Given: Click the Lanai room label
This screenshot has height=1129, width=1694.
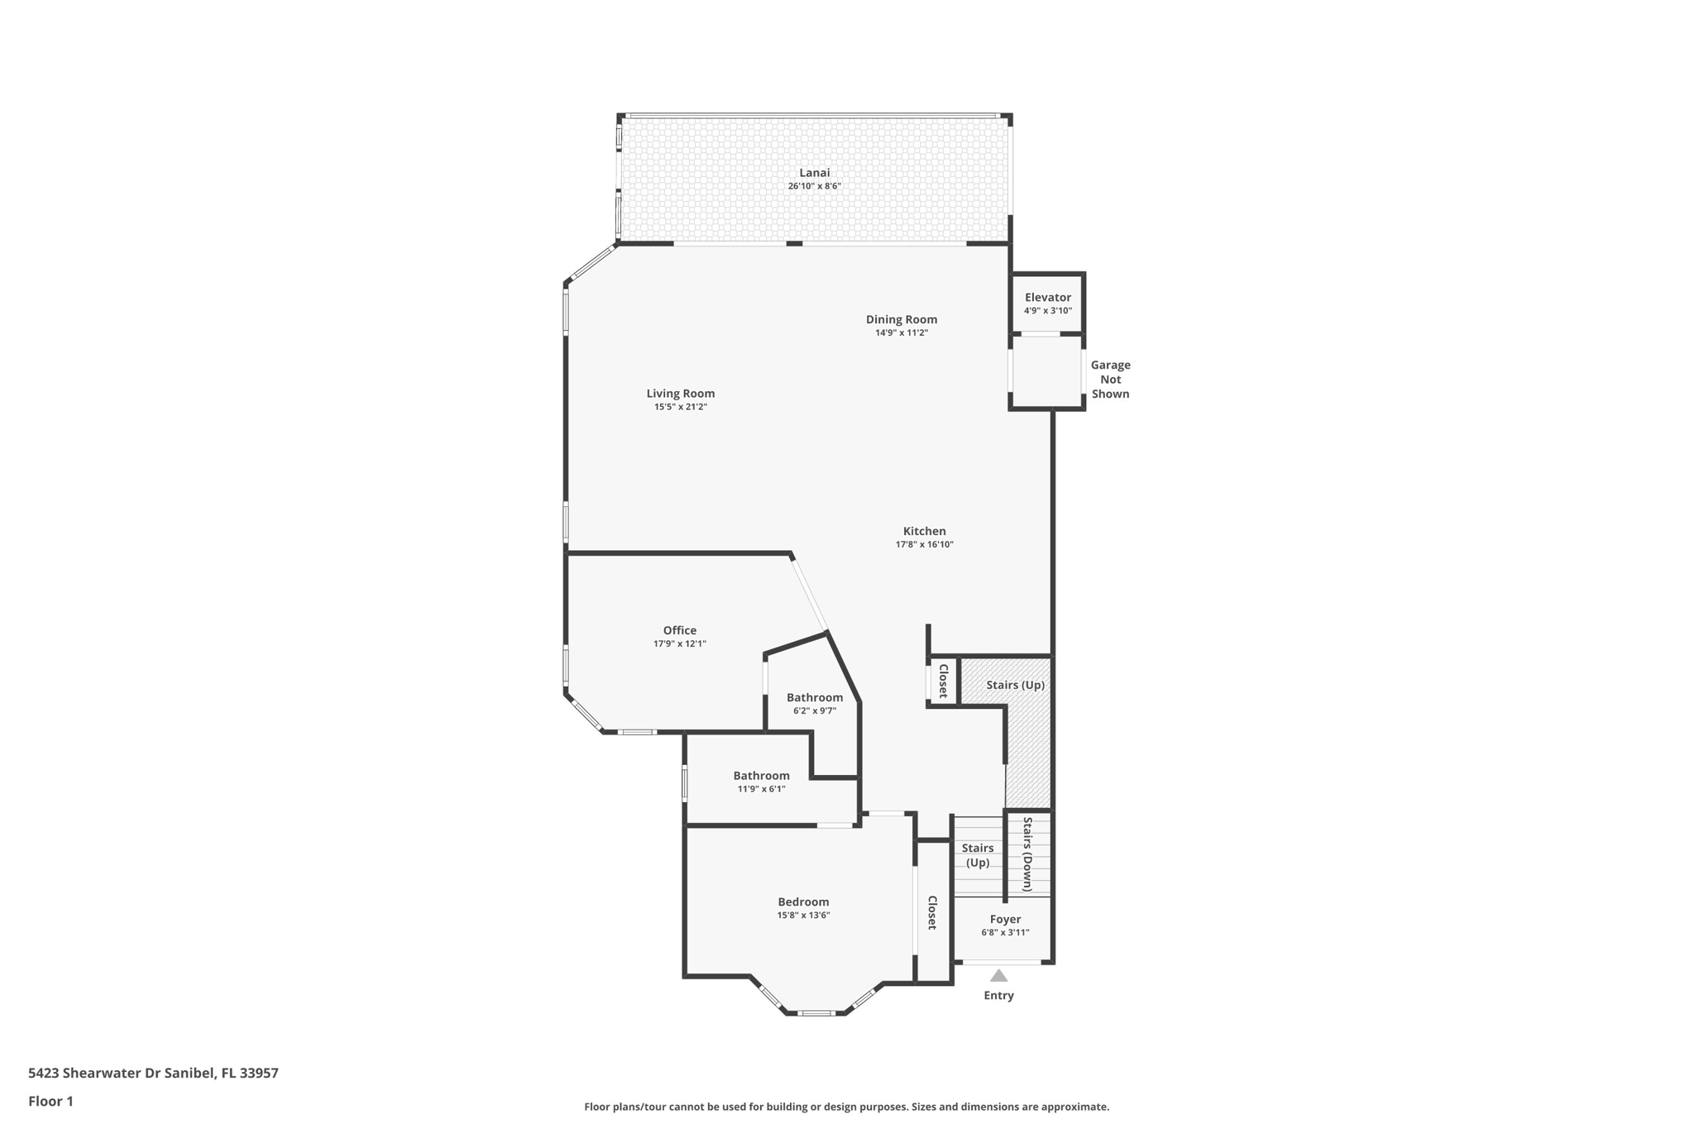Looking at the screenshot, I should (814, 173).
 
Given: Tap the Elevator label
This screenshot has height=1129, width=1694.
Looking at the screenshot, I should (1047, 298).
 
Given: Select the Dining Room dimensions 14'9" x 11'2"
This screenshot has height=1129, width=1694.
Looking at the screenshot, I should (902, 333).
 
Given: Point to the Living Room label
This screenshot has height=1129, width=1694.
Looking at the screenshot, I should (680, 394).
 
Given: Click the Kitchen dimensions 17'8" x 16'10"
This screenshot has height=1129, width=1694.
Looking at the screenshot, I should (924, 545).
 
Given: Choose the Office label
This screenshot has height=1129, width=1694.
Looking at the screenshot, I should (679, 630).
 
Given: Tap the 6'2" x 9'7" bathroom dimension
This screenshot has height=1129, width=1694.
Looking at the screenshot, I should (814, 710).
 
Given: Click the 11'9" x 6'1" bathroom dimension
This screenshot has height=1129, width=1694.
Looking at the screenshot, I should (761, 789).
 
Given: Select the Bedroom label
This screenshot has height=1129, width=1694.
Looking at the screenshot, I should (802, 902).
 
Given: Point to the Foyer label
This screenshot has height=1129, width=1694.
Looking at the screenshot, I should (1005, 919).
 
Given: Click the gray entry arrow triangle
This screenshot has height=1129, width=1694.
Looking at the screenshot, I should (998, 975).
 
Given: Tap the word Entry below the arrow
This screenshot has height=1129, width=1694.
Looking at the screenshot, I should (998, 995).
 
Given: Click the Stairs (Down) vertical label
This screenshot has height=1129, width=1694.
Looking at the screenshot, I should (1027, 854).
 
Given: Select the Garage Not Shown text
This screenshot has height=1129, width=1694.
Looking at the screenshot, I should (1110, 380).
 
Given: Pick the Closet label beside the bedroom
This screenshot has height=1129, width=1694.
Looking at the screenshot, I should (932, 912).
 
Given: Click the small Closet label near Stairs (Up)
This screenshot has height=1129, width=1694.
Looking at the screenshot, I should (943, 681).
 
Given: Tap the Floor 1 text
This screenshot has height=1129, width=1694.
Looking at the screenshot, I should (50, 1101).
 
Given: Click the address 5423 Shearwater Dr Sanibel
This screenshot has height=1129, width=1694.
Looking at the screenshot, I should (153, 1073).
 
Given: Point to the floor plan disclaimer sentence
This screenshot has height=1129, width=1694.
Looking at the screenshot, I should (846, 1107).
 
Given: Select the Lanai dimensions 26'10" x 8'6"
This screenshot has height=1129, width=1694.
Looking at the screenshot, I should (814, 187).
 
